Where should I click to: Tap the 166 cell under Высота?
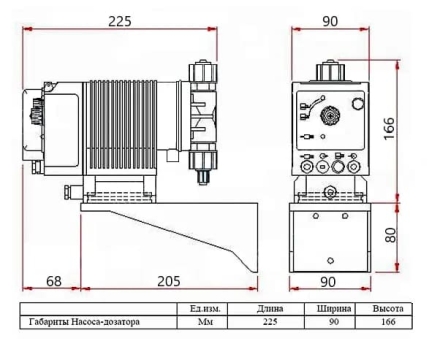pyautogui.click(x=381, y=322)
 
